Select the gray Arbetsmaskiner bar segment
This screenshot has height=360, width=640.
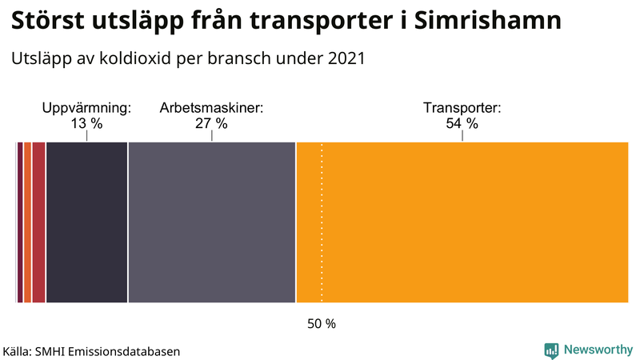click(212, 222)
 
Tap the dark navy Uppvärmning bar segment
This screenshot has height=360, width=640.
click(86, 222)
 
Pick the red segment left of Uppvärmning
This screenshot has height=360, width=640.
click(38, 222)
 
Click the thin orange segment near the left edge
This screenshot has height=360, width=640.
click(27, 222)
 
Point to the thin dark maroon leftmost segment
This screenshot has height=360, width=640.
click(19, 222)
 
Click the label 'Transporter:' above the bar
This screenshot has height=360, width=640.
click(462, 107)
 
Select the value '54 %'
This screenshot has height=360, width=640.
click(462, 123)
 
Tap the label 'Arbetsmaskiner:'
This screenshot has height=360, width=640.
click(211, 107)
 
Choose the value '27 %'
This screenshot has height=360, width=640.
click(211, 123)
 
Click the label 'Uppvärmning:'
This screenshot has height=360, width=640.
click(86, 107)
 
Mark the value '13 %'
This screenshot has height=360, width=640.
click(86, 123)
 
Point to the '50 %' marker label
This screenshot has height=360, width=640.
click(322, 324)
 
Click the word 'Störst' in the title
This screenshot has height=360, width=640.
click(47, 22)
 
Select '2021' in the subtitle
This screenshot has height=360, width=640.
click(345, 58)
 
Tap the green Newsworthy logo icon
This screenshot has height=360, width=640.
click(551, 350)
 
